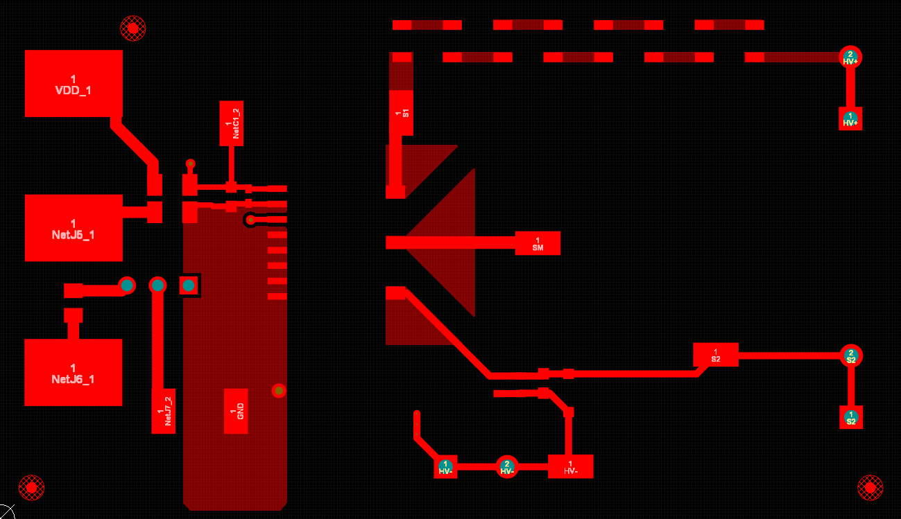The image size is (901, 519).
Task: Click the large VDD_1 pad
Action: [74, 83]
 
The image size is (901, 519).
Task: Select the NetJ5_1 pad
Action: [74, 228]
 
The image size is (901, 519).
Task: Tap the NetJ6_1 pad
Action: [74, 372]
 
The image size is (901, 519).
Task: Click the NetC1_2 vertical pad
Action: [232, 123]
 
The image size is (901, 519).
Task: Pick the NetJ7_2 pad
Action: [163, 411]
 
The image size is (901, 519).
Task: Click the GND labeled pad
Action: [236, 411]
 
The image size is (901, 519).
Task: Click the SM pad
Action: [538, 243]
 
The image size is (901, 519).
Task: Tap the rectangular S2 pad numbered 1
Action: [715, 355]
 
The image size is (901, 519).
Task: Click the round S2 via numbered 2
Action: [851, 356]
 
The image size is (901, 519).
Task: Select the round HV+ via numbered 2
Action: [850, 57]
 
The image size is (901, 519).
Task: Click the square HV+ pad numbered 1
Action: [850, 118]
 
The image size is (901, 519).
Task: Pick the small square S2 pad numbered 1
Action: [851, 417]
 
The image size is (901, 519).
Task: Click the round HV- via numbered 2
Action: [507, 467]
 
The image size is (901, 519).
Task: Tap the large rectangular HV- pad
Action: [570, 466]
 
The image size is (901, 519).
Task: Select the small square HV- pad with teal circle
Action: [446, 467]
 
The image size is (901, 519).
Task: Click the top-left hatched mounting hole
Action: [133, 27]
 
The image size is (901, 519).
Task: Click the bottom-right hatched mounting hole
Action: [870, 487]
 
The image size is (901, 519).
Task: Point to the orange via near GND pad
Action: [279, 391]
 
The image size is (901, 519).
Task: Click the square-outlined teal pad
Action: [189, 285]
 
